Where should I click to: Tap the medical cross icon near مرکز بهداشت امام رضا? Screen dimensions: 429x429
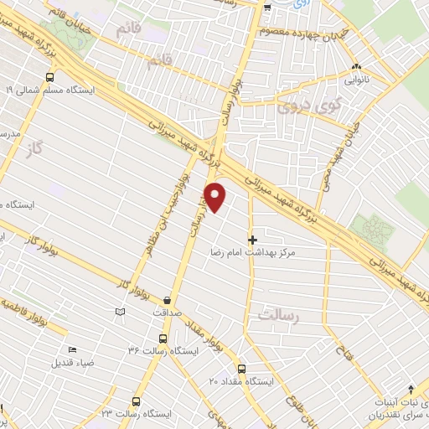[253, 240]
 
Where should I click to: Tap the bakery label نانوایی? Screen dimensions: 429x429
[358, 82]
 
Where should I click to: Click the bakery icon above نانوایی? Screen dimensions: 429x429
[358, 67]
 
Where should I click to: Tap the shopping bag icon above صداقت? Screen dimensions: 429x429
[169, 299]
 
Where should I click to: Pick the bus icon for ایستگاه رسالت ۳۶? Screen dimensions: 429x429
[162, 339]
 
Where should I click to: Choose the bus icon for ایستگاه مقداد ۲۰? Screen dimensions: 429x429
[241, 369]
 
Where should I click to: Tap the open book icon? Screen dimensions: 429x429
[120, 312]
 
